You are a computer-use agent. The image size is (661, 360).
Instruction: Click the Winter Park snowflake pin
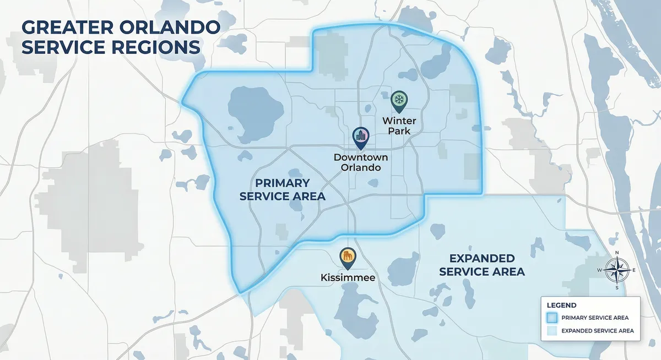click(398, 101)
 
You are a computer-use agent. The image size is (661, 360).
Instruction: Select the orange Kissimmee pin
click(348, 256)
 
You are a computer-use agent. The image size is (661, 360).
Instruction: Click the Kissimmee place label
click(348, 277)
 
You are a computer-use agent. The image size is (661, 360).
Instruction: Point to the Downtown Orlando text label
click(357, 162)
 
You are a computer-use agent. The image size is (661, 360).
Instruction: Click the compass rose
click(616, 270)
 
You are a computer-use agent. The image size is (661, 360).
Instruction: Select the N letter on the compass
click(616, 253)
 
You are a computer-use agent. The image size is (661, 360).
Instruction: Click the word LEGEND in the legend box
click(562, 304)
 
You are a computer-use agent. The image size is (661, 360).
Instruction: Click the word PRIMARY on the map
click(281, 183)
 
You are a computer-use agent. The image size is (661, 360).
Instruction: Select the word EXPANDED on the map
click(481, 258)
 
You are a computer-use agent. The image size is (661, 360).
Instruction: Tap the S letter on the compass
click(616, 288)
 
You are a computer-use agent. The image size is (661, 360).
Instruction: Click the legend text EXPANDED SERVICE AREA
click(598, 331)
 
